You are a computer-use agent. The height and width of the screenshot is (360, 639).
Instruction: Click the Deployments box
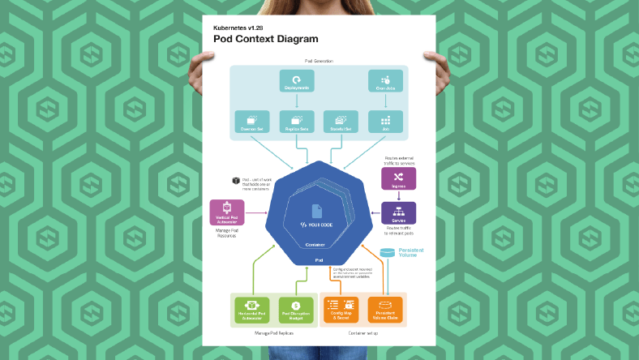click(x=296, y=82)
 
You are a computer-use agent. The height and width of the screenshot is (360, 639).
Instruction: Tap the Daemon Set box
click(x=251, y=122)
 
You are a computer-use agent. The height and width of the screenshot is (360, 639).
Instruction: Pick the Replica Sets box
click(x=296, y=122)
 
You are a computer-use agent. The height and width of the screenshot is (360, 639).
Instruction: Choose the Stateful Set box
click(x=341, y=122)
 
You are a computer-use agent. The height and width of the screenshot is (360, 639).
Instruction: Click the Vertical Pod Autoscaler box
click(x=227, y=214)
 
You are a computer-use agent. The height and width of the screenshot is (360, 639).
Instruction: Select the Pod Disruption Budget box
click(x=296, y=309)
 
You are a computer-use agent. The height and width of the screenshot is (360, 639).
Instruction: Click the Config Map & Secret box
click(x=341, y=309)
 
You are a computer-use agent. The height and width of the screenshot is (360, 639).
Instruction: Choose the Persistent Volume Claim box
click(x=385, y=309)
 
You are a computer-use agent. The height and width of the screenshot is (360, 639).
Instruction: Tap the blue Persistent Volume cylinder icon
click(x=388, y=252)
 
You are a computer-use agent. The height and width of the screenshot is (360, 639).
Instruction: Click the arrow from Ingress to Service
click(x=398, y=196)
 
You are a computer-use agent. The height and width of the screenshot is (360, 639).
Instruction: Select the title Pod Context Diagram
click(x=266, y=38)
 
